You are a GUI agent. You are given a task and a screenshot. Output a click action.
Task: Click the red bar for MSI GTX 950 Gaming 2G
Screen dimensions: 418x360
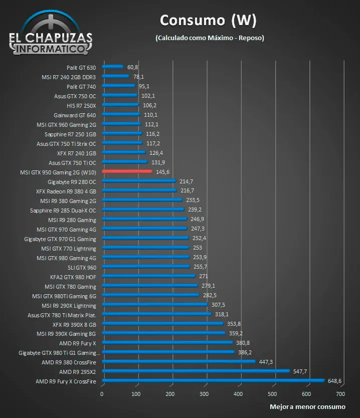tap(127, 171)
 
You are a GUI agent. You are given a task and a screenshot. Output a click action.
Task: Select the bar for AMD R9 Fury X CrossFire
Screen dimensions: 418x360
tap(213, 381)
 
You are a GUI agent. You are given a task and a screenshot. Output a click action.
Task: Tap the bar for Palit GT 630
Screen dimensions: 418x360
tap(112, 67)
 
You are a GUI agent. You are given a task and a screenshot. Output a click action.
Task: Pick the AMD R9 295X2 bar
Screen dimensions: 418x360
tap(196, 371)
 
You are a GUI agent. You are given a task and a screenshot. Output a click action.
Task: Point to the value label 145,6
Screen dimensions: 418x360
tap(163, 172)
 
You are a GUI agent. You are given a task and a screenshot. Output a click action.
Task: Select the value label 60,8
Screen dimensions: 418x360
tap(133, 67)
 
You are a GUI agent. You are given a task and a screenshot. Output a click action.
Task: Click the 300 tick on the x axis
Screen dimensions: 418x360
tap(205, 394)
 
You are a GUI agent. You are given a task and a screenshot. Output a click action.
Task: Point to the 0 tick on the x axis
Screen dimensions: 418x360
tap(102, 394)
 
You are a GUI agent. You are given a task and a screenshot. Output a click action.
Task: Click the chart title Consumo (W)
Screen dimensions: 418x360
tap(208, 21)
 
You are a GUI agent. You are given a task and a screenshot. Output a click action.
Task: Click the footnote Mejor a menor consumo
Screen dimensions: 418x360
tap(307, 406)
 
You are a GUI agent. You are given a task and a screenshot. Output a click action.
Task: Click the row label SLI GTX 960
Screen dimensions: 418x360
tap(82, 267)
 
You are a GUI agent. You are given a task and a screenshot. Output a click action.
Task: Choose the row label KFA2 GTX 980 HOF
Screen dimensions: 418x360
tap(73, 277)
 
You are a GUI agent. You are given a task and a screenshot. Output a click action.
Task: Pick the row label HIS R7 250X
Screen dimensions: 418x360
tap(81, 105)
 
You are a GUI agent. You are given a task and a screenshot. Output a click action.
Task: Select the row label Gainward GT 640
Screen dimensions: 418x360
tap(75, 115)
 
